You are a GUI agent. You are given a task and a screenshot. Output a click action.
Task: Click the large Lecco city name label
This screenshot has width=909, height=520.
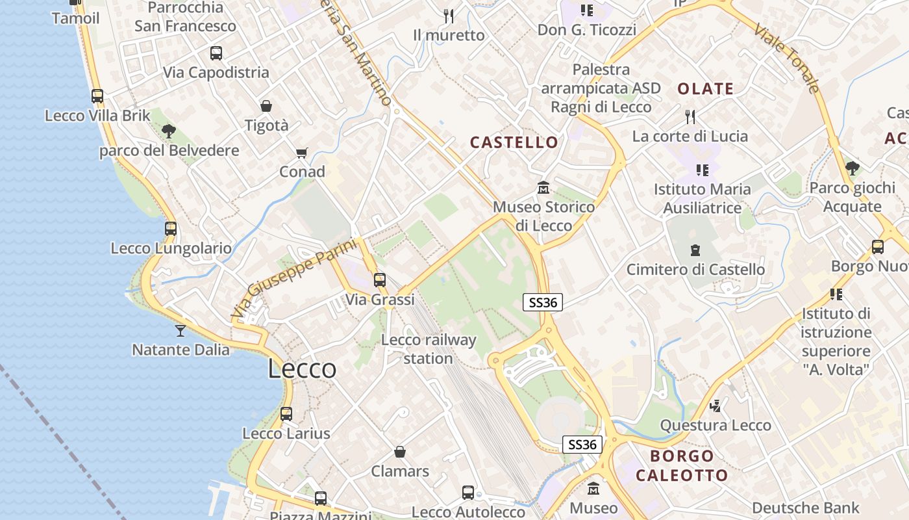coord(302,369)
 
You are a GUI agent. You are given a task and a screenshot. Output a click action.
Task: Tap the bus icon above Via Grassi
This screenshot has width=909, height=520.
coord(380,280)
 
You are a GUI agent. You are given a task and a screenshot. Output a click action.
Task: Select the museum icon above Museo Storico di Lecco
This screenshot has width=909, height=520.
coord(543,188)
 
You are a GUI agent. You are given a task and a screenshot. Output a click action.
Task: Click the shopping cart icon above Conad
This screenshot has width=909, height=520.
coord(301,153)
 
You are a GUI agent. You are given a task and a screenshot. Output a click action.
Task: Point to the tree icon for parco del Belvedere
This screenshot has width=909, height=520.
coord(169,131)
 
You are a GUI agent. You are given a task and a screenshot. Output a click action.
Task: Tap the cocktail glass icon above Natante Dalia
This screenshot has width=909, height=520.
coord(181,330)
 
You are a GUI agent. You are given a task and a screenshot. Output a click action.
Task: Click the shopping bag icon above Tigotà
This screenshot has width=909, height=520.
coord(266,106)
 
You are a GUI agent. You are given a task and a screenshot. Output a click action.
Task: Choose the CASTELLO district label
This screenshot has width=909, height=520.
coord(514,142)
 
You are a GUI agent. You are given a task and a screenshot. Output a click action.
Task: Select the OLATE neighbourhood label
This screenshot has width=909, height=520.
coord(705,89)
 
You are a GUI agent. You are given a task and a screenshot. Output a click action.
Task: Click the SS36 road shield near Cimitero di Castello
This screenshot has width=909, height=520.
coord(543,302)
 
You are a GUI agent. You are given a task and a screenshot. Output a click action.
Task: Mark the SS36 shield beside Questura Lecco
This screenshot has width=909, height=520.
coord(582,445)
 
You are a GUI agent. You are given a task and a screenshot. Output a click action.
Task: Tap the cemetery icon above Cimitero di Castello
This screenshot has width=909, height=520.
coord(695,250)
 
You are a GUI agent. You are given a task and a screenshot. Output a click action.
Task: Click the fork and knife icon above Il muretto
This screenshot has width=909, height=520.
coord(449,15)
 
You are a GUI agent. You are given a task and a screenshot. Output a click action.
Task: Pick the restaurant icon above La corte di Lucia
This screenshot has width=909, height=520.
coord(690,117)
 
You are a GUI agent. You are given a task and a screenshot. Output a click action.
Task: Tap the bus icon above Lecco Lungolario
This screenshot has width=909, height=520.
coord(171,229)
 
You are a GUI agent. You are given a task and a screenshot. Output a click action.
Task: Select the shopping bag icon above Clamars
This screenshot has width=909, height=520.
coord(400,452)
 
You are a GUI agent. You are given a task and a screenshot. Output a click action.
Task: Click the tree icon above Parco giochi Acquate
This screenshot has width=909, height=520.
coord(853,169)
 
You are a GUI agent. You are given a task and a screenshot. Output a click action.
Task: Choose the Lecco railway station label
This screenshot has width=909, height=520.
coord(429,349)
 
